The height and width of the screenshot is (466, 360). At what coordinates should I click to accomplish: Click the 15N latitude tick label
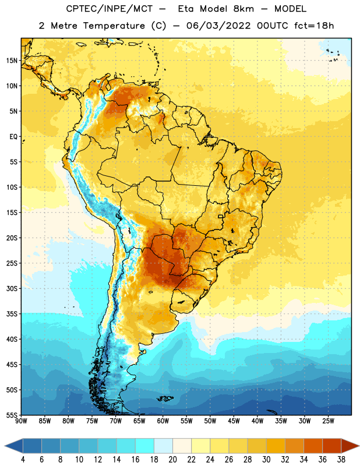[x=12, y=61]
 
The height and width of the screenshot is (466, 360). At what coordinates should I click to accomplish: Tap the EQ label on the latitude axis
[x=13, y=137]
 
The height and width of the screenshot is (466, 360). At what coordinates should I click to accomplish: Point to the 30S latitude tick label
[x=12, y=288]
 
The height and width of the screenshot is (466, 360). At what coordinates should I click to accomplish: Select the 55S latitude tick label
[x=12, y=415]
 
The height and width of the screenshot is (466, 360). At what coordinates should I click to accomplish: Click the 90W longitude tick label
[x=21, y=421]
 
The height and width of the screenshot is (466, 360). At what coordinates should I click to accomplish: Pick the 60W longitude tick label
[x=163, y=421]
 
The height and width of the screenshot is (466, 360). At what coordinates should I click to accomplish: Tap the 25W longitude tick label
[x=328, y=421]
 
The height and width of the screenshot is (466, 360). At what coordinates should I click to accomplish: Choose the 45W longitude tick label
[x=234, y=421]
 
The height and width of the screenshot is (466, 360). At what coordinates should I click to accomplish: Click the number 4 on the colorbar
[x=23, y=460]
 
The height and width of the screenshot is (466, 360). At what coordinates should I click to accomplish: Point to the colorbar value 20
[x=172, y=460]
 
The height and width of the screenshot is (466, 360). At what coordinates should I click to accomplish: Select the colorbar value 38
[x=341, y=460]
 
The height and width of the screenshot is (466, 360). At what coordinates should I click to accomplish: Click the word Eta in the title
[x=186, y=9]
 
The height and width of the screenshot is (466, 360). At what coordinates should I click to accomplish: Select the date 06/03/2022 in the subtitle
[x=218, y=26]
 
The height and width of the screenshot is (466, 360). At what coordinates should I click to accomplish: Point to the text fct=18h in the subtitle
[x=314, y=26]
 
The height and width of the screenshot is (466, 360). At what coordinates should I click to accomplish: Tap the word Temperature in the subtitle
[x=114, y=26]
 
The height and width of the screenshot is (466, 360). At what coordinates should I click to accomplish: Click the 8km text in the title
[x=243, y=9]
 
